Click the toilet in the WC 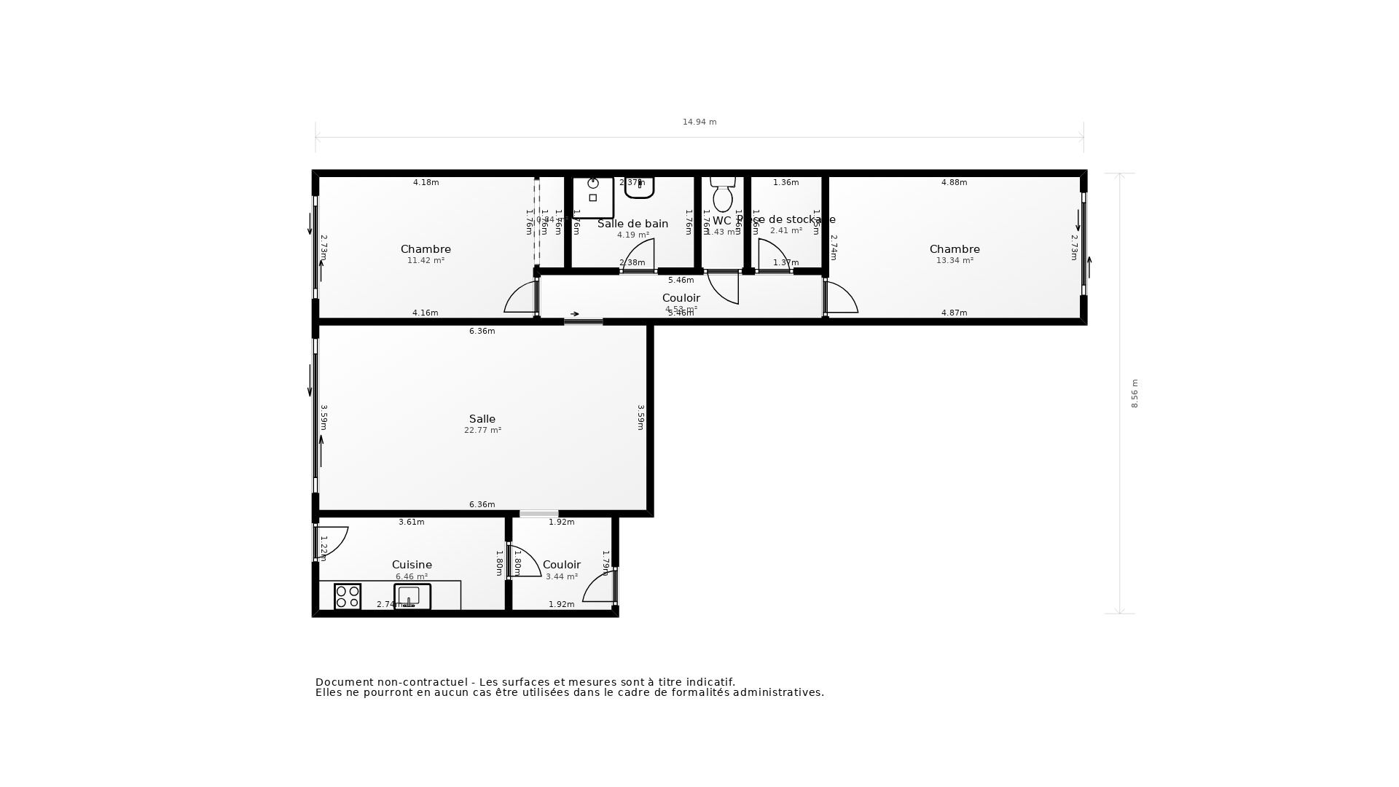pyautogui.click(x=723, y=195)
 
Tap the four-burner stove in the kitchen pyautogui.click(x=348, y=597)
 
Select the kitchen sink pyautogui.click(x=412, y=597)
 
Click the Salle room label pyautogui.click(x=482, y=419)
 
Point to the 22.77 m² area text pyautogui.click(x=482, y=431)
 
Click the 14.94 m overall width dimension pyautogui.click(x=699, y=122)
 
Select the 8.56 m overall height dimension pyautogui.click(x=1135, y=393)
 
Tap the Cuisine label pyautogui.click(x=412, y=565)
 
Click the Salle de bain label pyautogui.click(x=632, y=224)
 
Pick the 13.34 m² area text pyautogui.click(x=955, y=261)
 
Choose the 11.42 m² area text pyautogui.click(x=426, y=261)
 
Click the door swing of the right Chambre pyautogui.click(x=842, y=298)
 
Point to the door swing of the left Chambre pyautogui.click(x=521, y=298)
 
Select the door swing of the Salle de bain pyautogui.click(x=640, y=255)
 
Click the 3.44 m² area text pyautogui.click(x=562, y=577)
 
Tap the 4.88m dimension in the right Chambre pyautogui.click(x=954, y=183)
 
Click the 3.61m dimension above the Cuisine pyautogui.click(x=411, y=522)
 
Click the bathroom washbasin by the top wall pyautogui.click(x=639, y=188)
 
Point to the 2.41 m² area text pyautogui.click(x=786, y=231)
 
